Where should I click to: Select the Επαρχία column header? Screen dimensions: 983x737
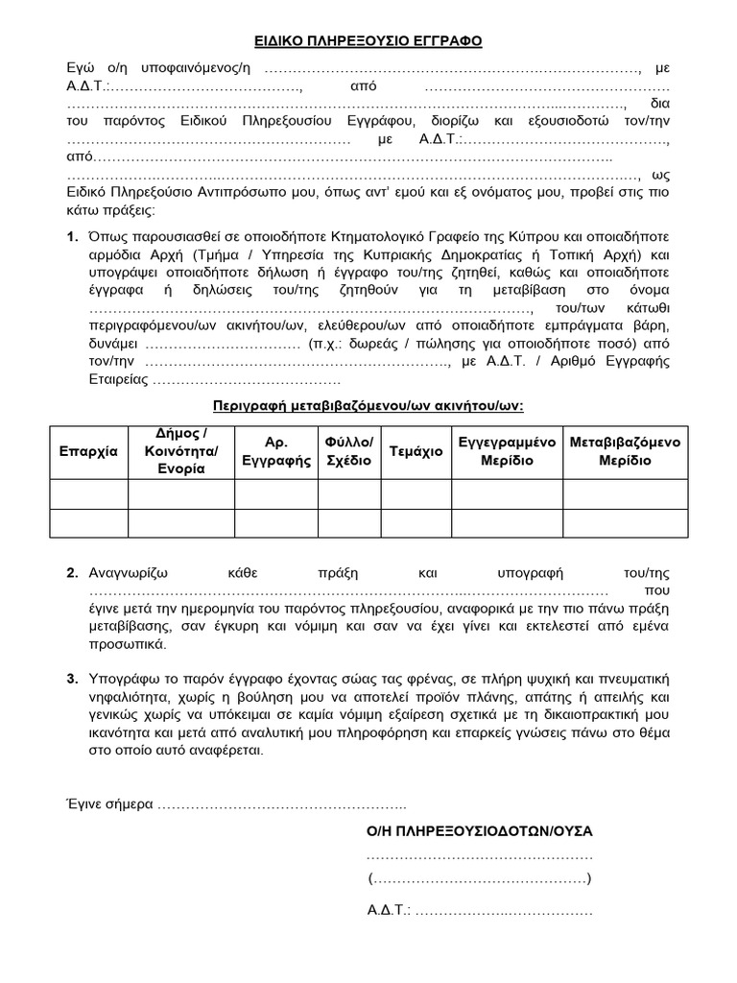[87, 450]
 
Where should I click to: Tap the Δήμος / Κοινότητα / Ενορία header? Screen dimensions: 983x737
[180, 450]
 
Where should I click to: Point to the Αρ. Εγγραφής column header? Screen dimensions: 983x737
[275, 450]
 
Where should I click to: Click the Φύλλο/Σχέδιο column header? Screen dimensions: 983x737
[348, 450]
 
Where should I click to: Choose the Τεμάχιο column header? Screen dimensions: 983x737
[416, 450]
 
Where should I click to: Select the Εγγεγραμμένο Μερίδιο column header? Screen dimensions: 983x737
[507, 450]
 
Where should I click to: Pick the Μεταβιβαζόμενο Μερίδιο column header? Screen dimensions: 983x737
[625, 450]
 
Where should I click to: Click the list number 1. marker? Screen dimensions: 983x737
[73, 236]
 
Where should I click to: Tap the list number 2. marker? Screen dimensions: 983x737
[73, 573]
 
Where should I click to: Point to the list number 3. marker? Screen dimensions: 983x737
[73, 679]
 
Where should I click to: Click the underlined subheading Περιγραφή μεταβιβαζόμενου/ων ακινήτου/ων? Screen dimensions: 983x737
[368, 405]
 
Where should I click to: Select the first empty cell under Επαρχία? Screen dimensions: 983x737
[87, 494]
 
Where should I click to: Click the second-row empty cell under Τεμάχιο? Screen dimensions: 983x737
[416, 523]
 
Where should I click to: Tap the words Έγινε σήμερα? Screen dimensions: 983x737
[108, 803]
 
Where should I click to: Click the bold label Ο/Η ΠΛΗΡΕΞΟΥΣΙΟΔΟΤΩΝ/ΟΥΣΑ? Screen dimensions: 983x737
[480, 830]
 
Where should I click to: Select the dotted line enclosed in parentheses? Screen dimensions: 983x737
[480, 879]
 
